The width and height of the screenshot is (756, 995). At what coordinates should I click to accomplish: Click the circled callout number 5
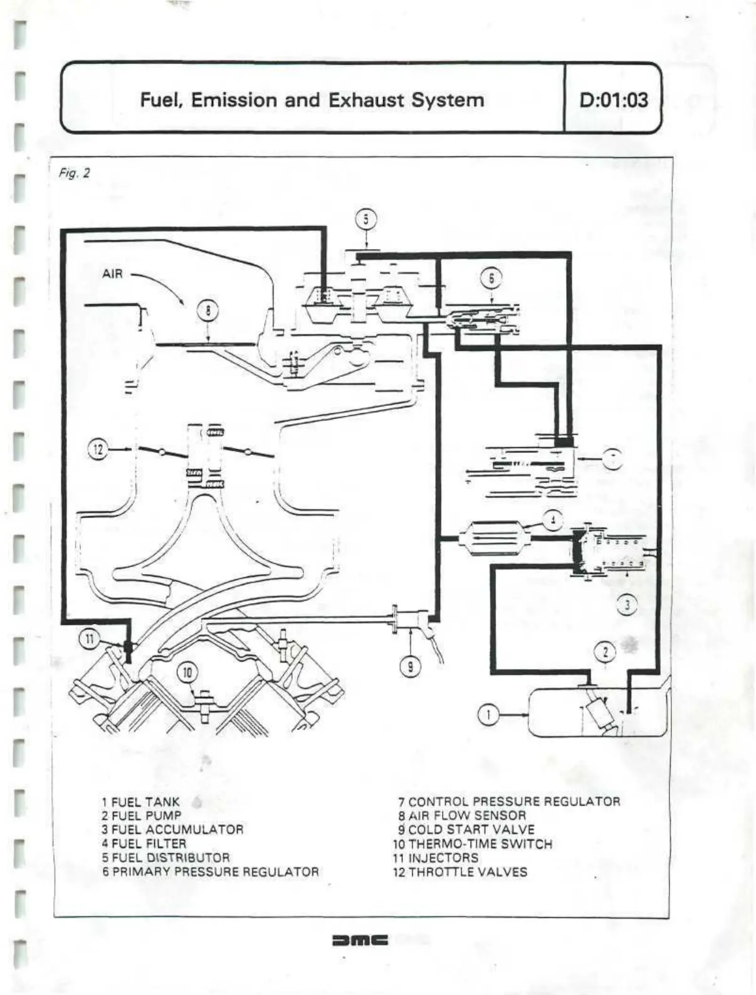coord(367,220)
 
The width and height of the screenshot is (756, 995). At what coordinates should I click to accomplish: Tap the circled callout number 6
coord(491,278)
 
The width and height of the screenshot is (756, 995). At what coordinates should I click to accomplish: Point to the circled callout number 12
coord(98,449)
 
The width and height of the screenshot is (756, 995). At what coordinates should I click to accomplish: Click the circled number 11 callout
coord(89,639)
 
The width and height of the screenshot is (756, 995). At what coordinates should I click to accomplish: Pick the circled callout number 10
coord(187,673)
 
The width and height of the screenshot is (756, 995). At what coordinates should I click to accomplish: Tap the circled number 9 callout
coord(411,667)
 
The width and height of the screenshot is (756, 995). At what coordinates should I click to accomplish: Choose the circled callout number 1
coord(489,714)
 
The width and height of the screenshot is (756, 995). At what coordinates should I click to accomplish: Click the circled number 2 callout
coord(606,652)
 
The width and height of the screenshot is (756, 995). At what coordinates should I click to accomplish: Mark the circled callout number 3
coord(627,605)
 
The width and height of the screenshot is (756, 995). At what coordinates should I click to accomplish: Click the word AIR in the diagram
coord(113,274)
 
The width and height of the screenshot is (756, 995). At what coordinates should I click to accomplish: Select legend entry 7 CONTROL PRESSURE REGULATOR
coord(508,801)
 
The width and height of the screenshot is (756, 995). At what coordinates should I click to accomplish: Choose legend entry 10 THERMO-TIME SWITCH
coord(473,844)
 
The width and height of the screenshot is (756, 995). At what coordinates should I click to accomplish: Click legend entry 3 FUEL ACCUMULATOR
coord(172,829)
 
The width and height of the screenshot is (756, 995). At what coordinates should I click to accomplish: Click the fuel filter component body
coord(495,538)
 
